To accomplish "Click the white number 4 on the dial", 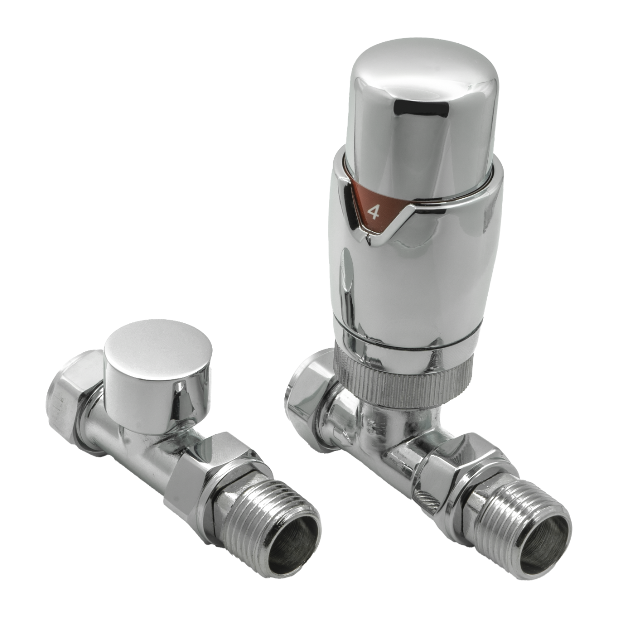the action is (373, 212).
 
